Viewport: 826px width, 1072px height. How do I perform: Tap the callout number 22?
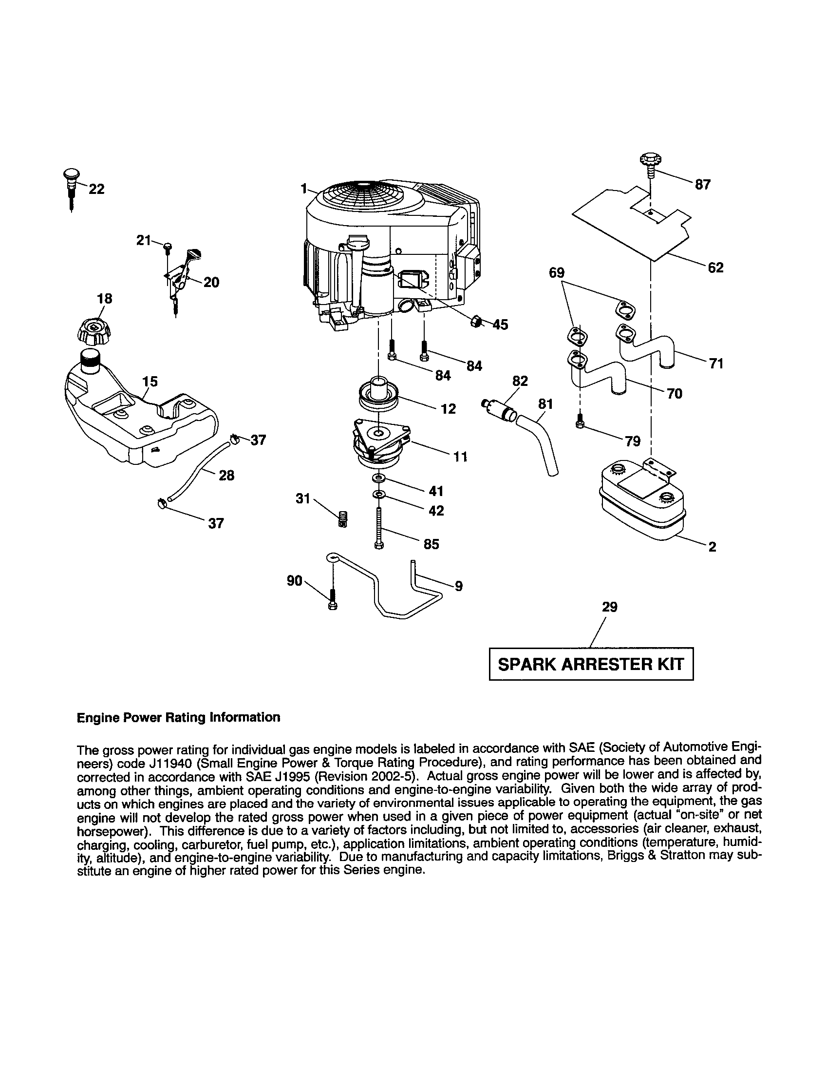[x=96, y=189]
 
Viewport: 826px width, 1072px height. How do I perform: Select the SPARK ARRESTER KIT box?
[x=591, y=664]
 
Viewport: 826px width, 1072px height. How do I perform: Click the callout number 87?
[x=702, y=185]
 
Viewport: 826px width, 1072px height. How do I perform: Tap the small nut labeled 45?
[x=475, y=322]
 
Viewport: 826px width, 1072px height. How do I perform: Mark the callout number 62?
[x=715, y=268]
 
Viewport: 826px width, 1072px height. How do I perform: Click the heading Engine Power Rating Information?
[x=179, y=718]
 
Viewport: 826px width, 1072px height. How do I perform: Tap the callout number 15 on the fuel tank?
[x=150, y=382]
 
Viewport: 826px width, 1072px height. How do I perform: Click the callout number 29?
[x=609, y=607]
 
